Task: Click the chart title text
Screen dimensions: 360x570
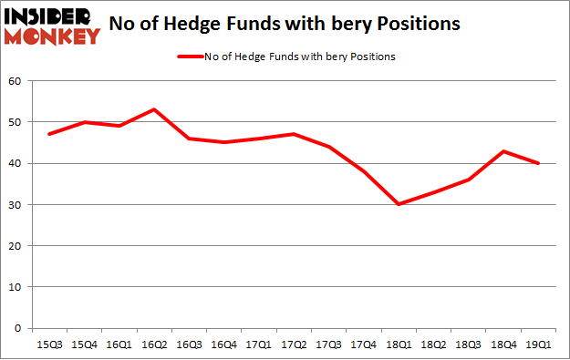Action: click(x=291, y=22)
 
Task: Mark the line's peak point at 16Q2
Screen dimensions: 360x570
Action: click(x=155, y=109)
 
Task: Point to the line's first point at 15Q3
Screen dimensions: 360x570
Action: click(x=49, y=134)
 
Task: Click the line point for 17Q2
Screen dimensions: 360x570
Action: click(x=295, y=134)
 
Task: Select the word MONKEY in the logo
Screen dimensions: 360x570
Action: click(x=53, y=37)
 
